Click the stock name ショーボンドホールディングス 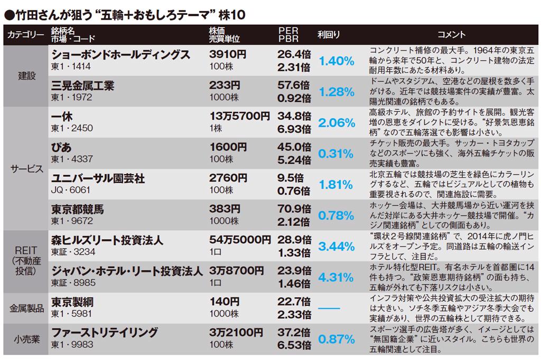click(120, 54)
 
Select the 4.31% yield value click(336, 277)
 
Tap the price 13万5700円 click(239, 116)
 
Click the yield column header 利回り click(329, 34)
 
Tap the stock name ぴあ click(62, 147)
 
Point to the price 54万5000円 click(239, 240)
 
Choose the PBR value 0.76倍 click(294, 190)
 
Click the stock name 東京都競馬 click(77, 209)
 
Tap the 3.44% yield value click(336, 247)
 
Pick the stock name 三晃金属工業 click(82, 86)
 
